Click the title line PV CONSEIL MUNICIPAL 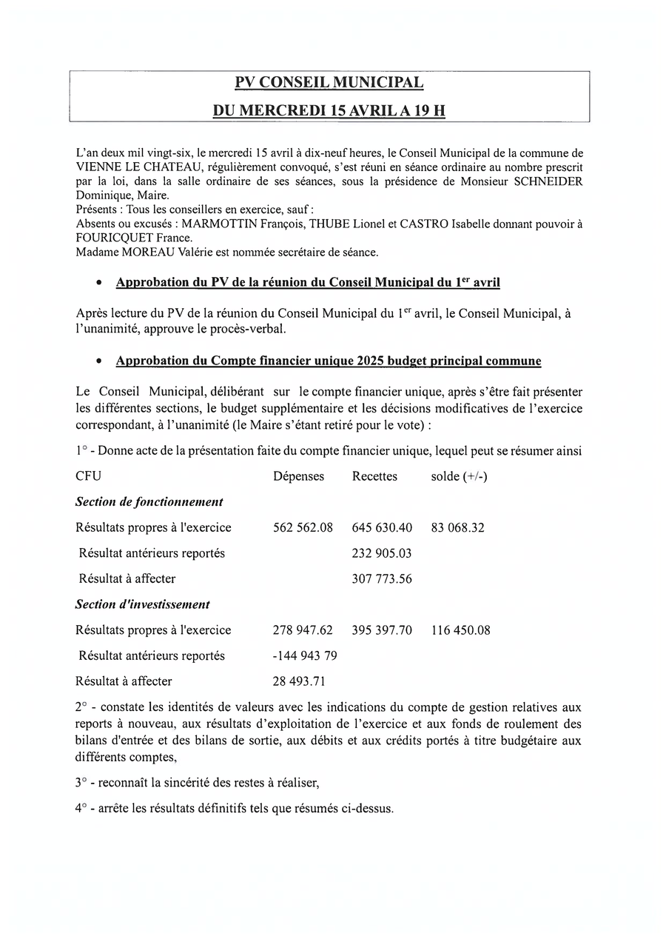[x=329, y=83]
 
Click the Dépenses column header [x=298, y=476]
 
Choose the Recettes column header [x=374, y=476]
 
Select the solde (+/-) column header [x=459, y=476]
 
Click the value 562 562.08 [x=303, y=527]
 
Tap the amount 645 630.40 [x=382, y=527]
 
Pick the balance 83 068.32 [x=457, y=527]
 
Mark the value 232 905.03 [x=382, y=553]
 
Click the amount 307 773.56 [x=382, y=578]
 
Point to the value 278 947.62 [x=303, y=630]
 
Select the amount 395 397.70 [x=382, y=630]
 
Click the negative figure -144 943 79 [x=305, y=655]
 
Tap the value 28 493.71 [x=299, y=681]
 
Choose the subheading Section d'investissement [x=142, y=604]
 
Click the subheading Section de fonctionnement [x=149, y=501]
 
